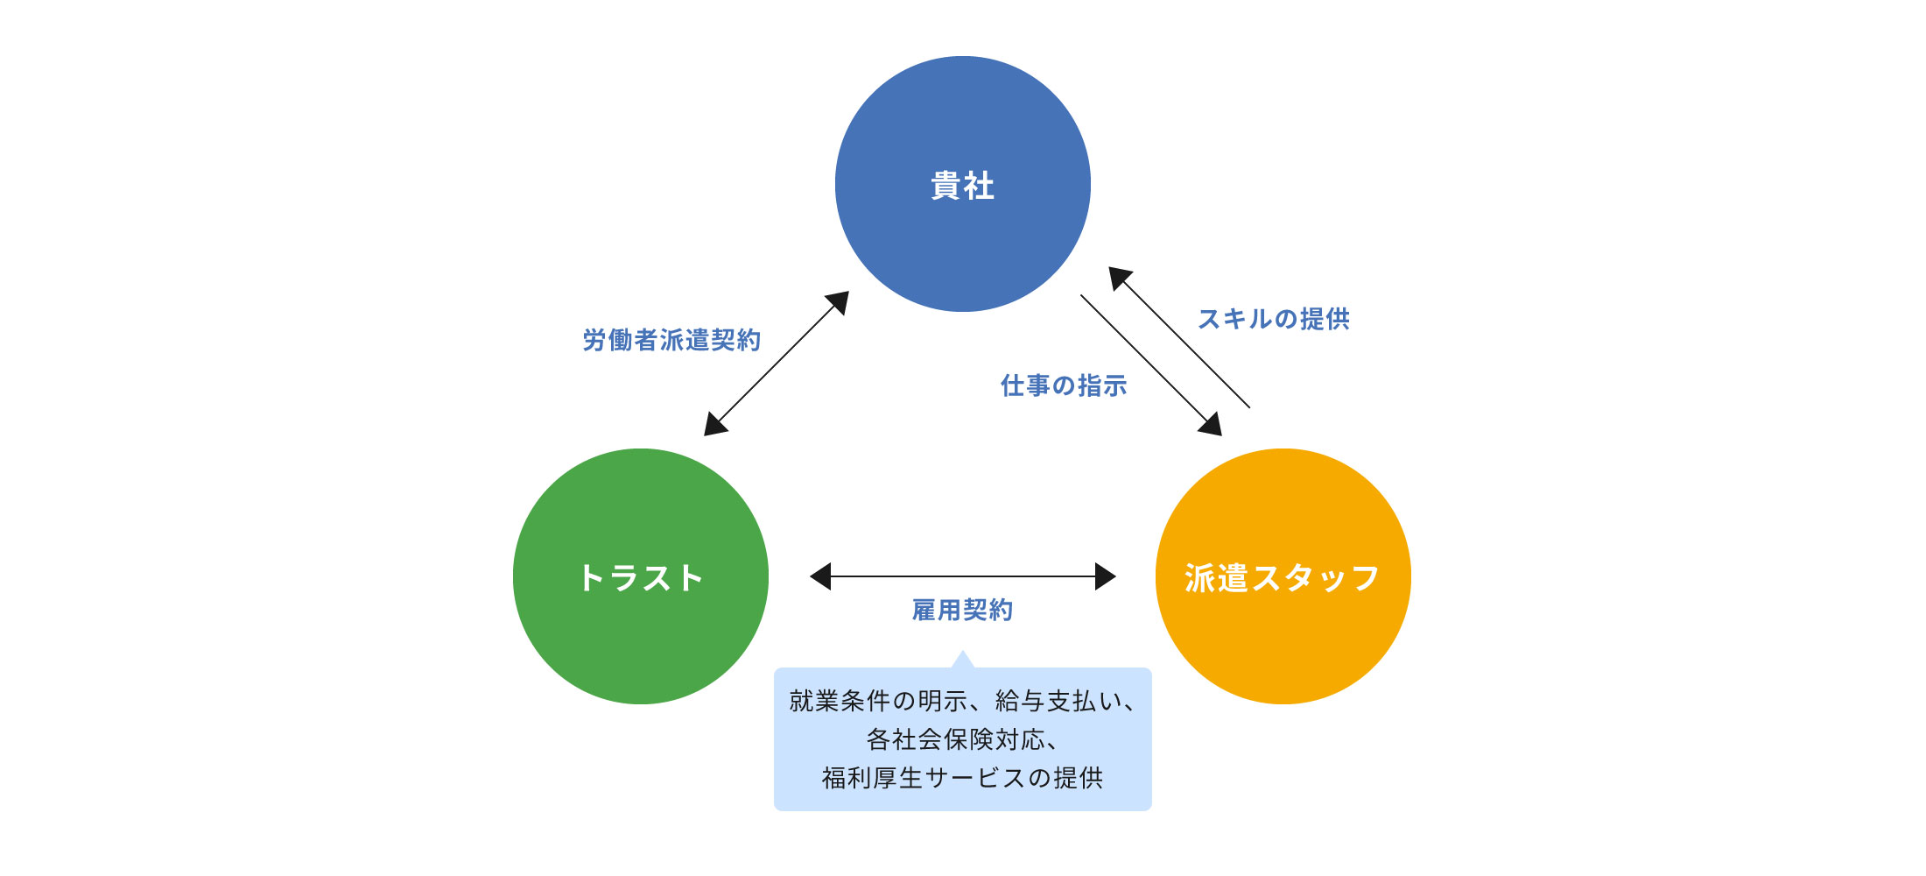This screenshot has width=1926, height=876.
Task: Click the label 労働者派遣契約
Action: point(671,340)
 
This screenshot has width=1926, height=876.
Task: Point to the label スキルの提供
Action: point(1274,319)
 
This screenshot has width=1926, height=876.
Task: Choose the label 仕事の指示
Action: point(1064,385)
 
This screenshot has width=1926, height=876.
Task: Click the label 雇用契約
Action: point(962,610)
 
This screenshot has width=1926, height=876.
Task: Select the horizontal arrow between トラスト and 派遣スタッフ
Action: point(963,576)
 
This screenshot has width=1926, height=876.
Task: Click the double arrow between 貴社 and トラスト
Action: point(777,364)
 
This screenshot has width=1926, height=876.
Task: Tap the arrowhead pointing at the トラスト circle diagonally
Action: point(713,426)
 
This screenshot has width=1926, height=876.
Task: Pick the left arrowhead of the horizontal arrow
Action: point(820,576)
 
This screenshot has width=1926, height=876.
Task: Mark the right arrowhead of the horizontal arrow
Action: point(1106,576)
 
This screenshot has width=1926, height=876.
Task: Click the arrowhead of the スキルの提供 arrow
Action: point(1119,278)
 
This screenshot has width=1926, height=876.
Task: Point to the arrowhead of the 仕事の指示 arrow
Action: point(1212,426)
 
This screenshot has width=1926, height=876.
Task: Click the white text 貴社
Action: point(963,186)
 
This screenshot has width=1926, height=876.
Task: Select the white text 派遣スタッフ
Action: point(1283,578)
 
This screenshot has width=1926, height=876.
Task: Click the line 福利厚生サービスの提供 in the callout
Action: point(962,778)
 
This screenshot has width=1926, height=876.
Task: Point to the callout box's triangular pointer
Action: point(963,660)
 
